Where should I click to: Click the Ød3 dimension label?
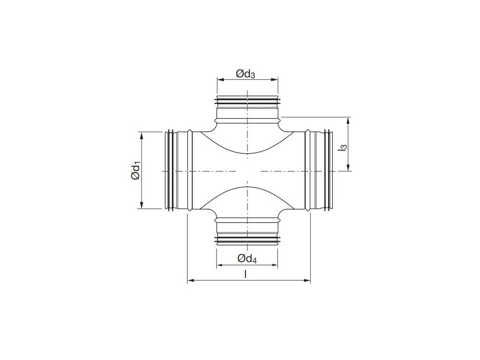click(245, 74)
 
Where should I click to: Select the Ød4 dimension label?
click(247, 259)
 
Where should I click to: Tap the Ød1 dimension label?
click(135, 171)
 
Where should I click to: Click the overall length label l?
click(245, 274)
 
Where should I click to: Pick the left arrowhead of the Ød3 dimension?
click(220, 80)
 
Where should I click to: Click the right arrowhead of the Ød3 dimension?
click(274, 80)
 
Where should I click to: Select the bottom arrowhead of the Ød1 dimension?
click(142, 205)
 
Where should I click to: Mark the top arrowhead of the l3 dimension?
click(348, 121)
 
